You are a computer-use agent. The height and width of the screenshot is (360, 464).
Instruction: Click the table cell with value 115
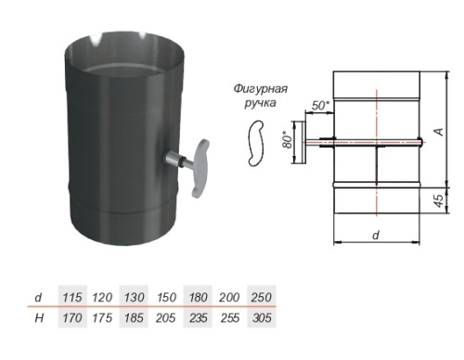pyautogui.click(x=72, y=298)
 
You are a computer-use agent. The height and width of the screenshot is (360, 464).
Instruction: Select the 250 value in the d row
pyautogui.click(x=262, y=298)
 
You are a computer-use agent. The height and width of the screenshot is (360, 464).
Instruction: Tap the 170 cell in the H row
pyautogui.click(x=72, y=318)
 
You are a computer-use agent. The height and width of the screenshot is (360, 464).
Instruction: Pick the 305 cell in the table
pyautogui.click(x=262, y=318)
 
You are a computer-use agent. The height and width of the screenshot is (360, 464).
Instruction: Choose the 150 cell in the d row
pyautogui.click(x=166, y=298)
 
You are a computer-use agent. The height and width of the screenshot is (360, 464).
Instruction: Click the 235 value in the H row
pyautogui.click(x=199, y=318)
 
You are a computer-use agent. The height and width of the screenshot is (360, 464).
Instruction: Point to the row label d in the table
pyautogui.click(x=38, y=298)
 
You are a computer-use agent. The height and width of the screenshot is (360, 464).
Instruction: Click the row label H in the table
pyautogui.click(x=39, y=318)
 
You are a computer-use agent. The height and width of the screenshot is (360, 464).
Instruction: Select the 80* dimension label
pyautogui.click(x=288, y=140)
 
